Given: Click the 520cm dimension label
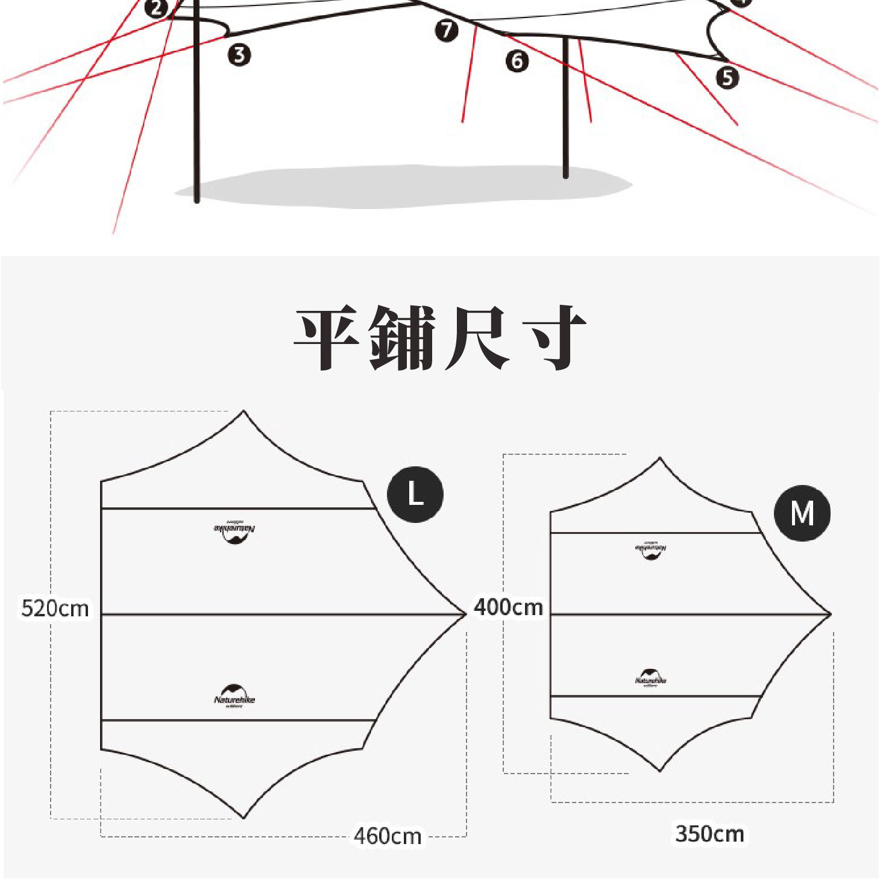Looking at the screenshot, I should tap(55, 608).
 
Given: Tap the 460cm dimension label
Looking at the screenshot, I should tap(388, 836).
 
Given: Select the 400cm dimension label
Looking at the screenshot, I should tap(509, 607).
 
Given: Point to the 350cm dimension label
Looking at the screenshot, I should tap(709, 834).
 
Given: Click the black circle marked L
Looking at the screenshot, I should tap(415, 494).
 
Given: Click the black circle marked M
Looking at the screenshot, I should tap(802, 513).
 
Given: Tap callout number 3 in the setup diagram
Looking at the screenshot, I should tap(239, 55).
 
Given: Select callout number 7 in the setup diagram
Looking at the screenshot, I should tap(447, 30).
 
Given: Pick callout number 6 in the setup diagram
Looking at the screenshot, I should tap(517, 61).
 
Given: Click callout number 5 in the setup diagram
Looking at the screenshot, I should tap(728, 77).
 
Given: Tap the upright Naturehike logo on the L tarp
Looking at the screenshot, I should tap(234, 696).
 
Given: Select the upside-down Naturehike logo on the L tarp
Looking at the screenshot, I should tap(234, 531).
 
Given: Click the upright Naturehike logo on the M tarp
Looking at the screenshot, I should tap(650, 677).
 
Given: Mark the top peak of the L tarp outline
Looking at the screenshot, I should tap(244, 411).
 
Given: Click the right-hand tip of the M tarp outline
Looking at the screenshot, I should tap(831, 614).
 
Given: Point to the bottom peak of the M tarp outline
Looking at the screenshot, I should tap(661, 771).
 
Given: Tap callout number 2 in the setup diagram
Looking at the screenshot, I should tap(157, 8).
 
